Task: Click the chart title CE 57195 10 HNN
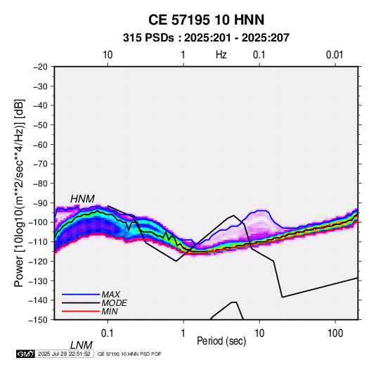point(206,20)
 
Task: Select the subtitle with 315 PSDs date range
point(206,38)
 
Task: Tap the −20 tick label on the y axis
point(40,67)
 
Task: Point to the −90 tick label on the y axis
point(40,203)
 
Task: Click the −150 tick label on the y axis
point(38,320)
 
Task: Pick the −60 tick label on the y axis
point(40,144)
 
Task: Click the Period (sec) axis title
point(221,341)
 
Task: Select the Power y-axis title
point(19,193)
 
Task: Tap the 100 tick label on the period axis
point(335,333)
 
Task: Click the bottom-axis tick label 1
point(183,333)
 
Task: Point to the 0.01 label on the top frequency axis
point(335,55)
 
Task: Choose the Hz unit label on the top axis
point(221,55)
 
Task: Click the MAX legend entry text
point(111,294)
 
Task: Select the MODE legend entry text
point(114,303)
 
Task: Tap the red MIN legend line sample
point(81,312)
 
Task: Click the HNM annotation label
point(82,199)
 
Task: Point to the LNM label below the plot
point(81,345)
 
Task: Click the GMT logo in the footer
point(25,354)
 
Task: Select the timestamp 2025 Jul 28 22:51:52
point(64,354)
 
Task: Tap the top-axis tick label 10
point(108,55)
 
